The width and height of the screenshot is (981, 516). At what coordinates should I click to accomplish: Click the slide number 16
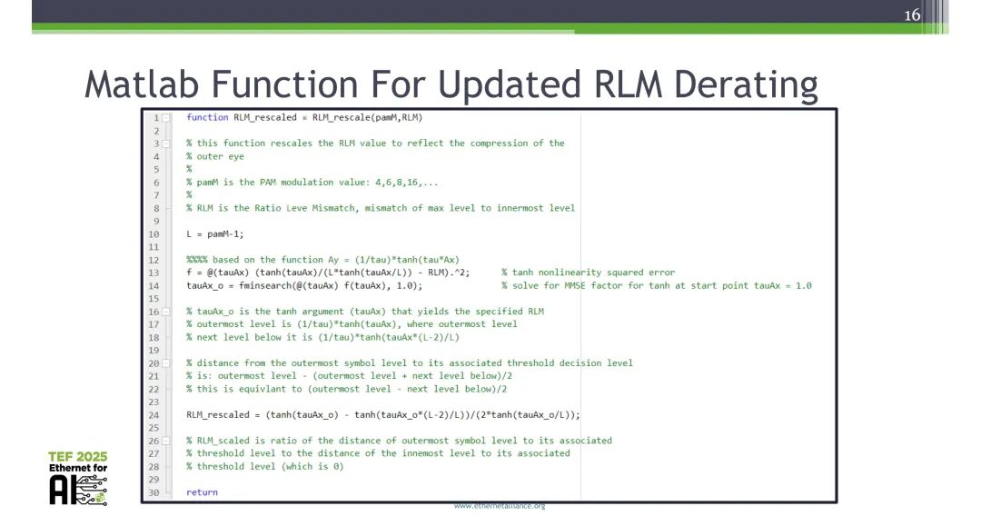coord(912,15)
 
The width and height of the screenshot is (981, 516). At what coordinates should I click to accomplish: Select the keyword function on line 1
coord(207,117)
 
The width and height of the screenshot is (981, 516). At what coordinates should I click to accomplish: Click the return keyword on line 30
coord(202,491)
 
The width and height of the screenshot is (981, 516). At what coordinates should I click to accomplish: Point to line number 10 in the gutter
coord(154,233)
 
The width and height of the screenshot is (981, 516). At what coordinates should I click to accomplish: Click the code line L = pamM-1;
coord(214,233)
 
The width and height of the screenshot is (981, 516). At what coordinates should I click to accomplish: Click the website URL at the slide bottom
coord(499,505)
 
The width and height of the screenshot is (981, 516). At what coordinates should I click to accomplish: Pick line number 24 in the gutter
coord(154,414)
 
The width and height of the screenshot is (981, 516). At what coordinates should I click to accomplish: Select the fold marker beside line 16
coord(165,312)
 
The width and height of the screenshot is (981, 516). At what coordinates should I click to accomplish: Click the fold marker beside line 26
coord(165,441)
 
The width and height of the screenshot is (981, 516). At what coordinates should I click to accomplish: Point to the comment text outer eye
coord(221,156)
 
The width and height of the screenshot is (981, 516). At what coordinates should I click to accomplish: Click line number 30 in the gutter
coord(154,491)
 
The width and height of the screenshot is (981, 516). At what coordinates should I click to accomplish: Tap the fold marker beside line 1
coord(165,117)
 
